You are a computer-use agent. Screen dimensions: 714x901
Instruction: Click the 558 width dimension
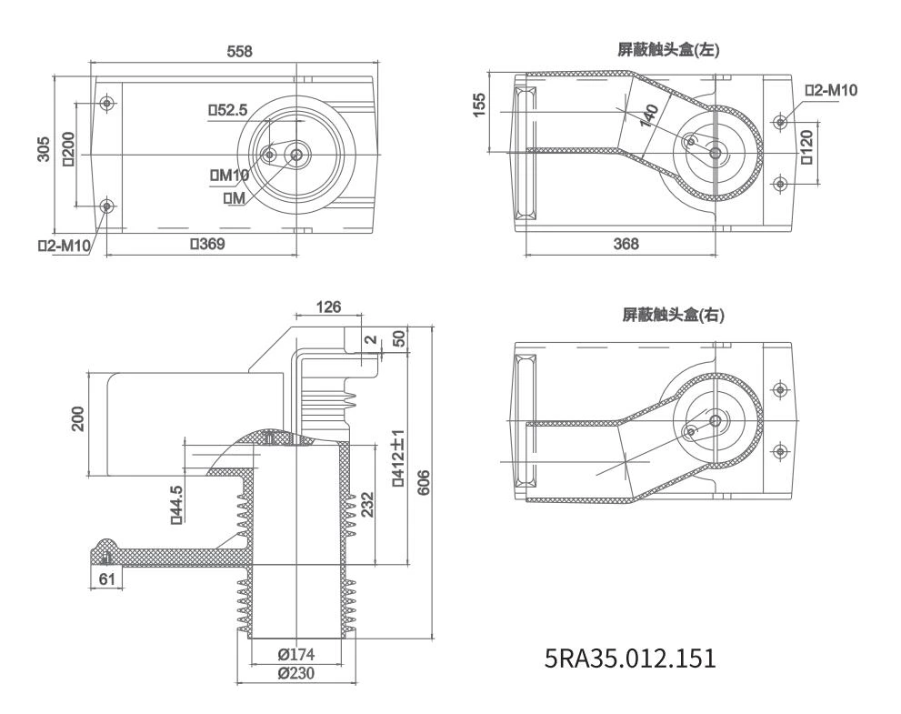coord(239,52)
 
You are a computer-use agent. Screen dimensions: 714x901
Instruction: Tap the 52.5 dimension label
coord(227,110)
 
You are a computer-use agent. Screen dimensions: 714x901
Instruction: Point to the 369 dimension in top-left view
coord(206,244)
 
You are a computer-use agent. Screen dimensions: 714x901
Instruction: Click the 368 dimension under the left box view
coord(626,244)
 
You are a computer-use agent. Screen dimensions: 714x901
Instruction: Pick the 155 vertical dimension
coord(483,103)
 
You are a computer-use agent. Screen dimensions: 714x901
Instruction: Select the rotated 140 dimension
coord(648,116)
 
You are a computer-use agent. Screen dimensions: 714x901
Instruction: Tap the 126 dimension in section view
coord(328,307)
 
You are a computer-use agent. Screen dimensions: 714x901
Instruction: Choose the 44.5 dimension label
coord(176,504)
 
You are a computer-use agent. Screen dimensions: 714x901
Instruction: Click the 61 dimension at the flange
coord(107,580)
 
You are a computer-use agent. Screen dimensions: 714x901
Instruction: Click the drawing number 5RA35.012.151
coord(629,657)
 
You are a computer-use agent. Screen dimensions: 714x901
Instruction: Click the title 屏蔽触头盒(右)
coord(673,315)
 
